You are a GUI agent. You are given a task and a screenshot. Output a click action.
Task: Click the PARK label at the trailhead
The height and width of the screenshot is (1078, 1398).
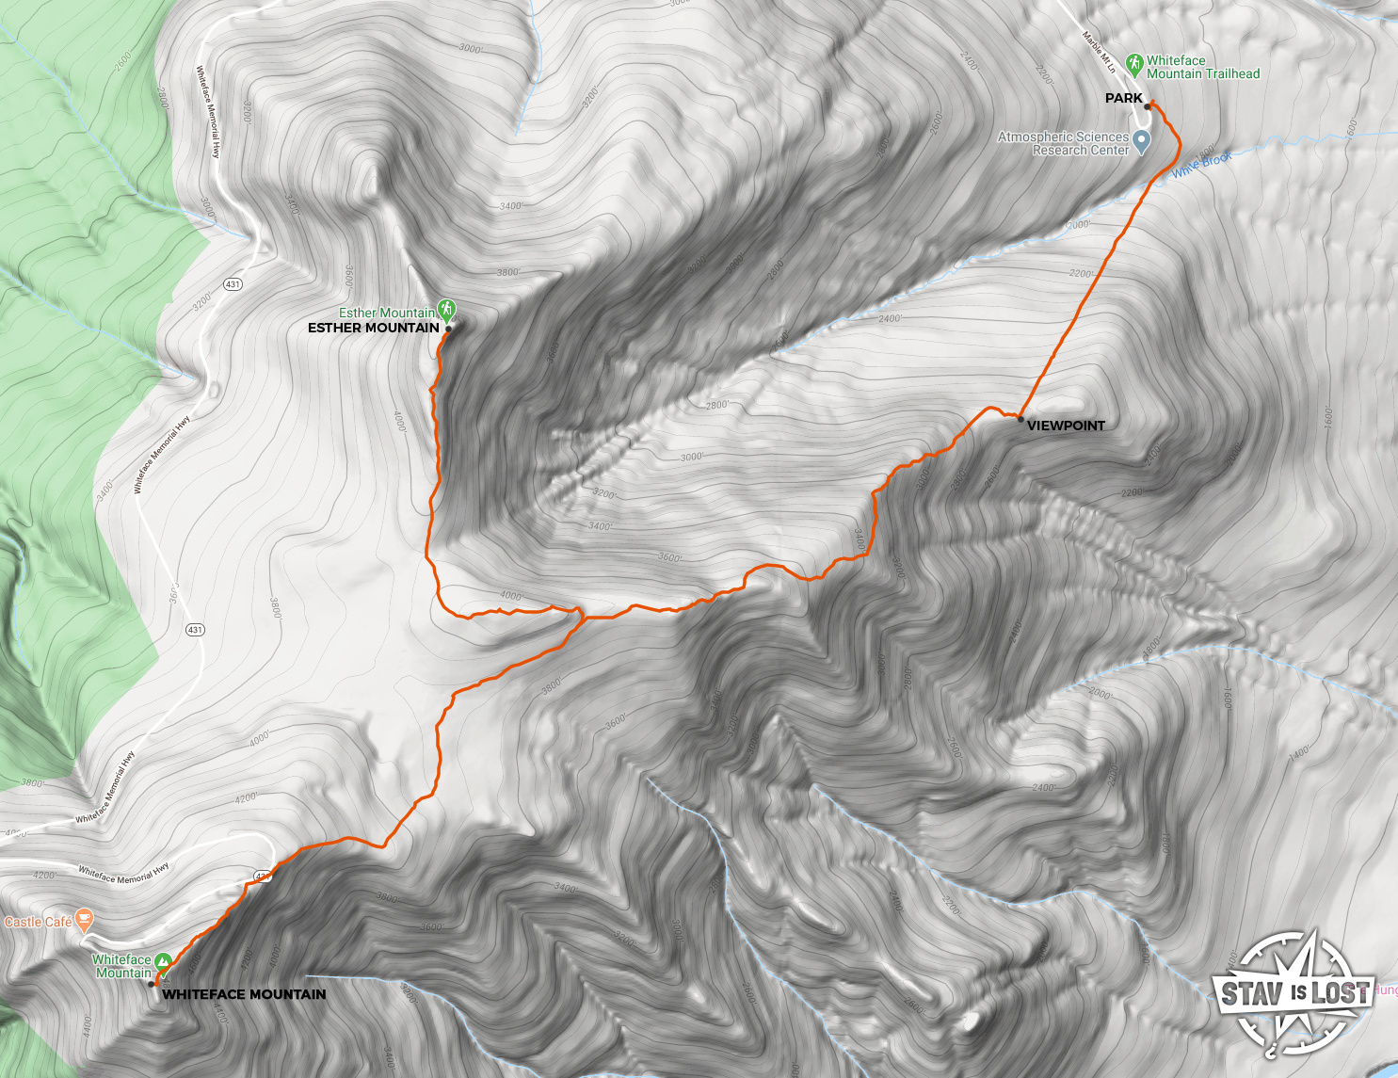pyautogui.click(x=1123, y=98)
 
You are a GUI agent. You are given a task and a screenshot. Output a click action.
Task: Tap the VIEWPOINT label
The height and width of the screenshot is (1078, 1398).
pyautogui.click(x=1066, y=426)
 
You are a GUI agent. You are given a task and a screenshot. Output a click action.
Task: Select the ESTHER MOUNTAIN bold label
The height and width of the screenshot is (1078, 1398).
pyautogui.click(x=374, y=328)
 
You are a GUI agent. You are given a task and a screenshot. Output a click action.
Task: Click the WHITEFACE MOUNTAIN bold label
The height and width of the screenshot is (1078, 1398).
pyautogui.click(x=244, y=994)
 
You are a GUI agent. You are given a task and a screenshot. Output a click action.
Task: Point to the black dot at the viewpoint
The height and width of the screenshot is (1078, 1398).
pyautogui.click(x=1020, y=419)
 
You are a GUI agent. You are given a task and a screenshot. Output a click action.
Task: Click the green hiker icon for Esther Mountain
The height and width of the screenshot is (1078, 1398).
pyautogui.click(x=447, y=309)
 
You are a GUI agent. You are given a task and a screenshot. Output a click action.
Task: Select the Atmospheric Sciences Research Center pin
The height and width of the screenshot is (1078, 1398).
pyautogui.click(x=1142, y=142)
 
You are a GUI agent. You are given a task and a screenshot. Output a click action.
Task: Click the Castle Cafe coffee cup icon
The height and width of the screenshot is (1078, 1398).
pyautogui.click(x=85, y=919)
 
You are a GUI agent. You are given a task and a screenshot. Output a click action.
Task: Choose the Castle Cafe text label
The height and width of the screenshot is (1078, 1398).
pyautogui.click(x=38, y=922)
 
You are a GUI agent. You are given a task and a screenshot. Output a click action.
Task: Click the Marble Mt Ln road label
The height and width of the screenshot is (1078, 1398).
pyautogui.click(x=1099, y=53)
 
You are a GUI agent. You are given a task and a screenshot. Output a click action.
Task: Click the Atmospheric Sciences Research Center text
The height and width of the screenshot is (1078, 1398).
pyautogui.click(x=1063, y=143)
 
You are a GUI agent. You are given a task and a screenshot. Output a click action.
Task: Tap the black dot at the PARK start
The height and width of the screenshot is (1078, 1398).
pyautogui.click(x=1148, y=107)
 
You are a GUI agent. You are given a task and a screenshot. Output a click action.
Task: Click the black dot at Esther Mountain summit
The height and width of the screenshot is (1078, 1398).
pyautogui.click(x=448, y=329)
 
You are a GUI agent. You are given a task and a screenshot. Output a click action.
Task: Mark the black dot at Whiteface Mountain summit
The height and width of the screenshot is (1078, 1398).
pyautogui.click(x=152, y=984)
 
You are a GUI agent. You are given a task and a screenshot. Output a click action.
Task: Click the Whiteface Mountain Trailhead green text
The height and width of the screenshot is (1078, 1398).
pyautogui.click(x=1202, y=67)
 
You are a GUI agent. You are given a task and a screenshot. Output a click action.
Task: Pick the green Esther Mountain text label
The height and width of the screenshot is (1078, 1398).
pyautogui.click(x=387, y=313)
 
